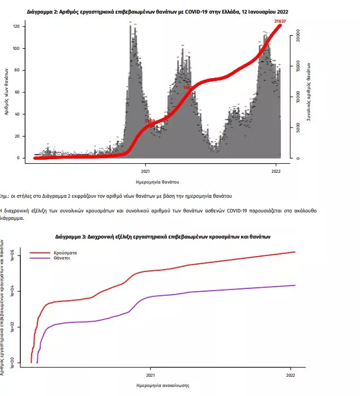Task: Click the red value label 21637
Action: (x=279, y=22)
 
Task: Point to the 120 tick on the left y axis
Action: (x=16, y=27)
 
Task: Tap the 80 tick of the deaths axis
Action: (x=18, y=70)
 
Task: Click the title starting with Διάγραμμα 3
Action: (x=164, y=236)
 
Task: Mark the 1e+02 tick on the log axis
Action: (x=15, y=327)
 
